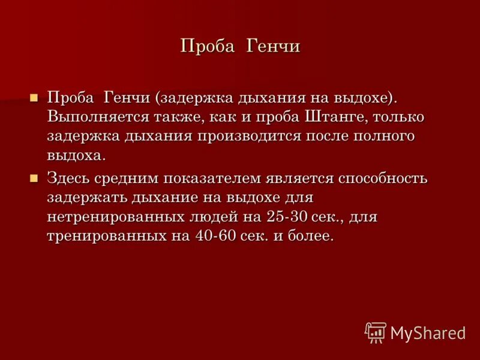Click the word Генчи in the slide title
(x=272, y=46)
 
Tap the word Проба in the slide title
(x=207, y=46)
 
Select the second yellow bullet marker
(x=34, y=177)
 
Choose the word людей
(x=218, y=217)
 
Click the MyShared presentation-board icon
(x=376, y=332)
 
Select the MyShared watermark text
(x=428, y=332)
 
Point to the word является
(x=293, y=178)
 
